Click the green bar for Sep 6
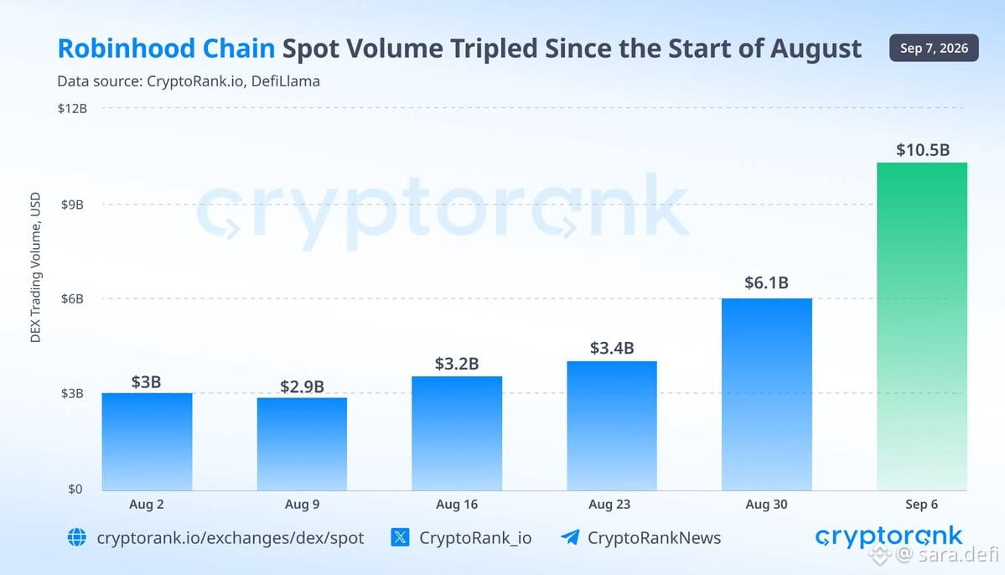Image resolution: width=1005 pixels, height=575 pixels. coord(922,326)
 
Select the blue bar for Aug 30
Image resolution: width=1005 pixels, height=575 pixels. coord(767,394)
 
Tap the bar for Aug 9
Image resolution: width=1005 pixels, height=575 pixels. coord(302,444)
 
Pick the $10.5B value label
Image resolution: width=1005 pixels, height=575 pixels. coord(923,150)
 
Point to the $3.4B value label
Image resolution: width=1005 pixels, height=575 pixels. coord(612,348)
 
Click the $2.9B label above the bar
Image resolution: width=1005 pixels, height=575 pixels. coord(302,386)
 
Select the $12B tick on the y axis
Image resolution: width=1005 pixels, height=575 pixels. coord(72,108)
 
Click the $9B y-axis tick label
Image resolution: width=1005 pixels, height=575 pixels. coord(72,205)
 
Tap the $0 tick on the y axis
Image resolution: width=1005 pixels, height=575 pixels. coord(75,490)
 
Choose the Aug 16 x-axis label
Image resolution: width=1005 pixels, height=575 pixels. coord(457,505)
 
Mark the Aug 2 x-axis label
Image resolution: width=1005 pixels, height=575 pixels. coord(146,505)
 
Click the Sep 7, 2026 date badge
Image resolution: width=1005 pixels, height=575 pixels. coord(934,48)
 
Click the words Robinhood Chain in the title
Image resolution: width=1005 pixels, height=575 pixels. coord(166,49)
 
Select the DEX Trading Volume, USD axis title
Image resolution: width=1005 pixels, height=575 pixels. coord(35,267)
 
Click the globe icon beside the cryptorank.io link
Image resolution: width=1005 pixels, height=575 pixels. coord(77,537)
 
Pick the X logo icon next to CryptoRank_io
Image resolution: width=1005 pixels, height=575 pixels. coord(400,537)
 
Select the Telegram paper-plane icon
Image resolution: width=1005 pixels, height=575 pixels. coord(570,536)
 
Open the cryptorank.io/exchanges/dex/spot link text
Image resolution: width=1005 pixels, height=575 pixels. coord(231,538)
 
